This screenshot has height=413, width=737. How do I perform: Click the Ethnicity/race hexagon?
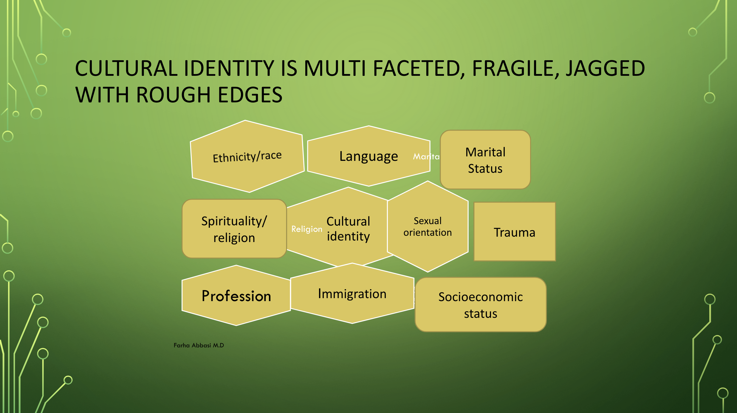tap(247, 156)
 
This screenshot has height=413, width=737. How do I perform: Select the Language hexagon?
tap(369, 156)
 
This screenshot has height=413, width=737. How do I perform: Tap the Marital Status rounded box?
tap(485, 160)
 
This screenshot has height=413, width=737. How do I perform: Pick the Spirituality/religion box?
tap(234, 229)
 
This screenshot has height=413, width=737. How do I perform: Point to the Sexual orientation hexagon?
tap(428, 226)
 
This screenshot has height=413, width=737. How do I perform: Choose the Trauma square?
tap(515, 232)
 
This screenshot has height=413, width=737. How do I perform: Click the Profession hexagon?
tap(236, 295)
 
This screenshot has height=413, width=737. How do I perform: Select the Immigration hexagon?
tap(352, 293)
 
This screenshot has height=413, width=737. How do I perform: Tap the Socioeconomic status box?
tap(481, 305)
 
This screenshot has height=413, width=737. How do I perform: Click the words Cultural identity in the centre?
tap(348, 229)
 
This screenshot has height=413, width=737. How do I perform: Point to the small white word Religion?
tap(307, 229)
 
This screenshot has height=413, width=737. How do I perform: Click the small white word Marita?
tap(426, 157)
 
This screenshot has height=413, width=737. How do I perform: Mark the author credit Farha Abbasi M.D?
tap(199, 345)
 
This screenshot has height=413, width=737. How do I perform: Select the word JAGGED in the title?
tap(606, 68)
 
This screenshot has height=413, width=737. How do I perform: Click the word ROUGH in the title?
tap(174, 95)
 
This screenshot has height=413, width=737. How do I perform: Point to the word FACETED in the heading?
tap(419, 69)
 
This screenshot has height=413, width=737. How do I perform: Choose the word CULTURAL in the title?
tap(127, 68)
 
